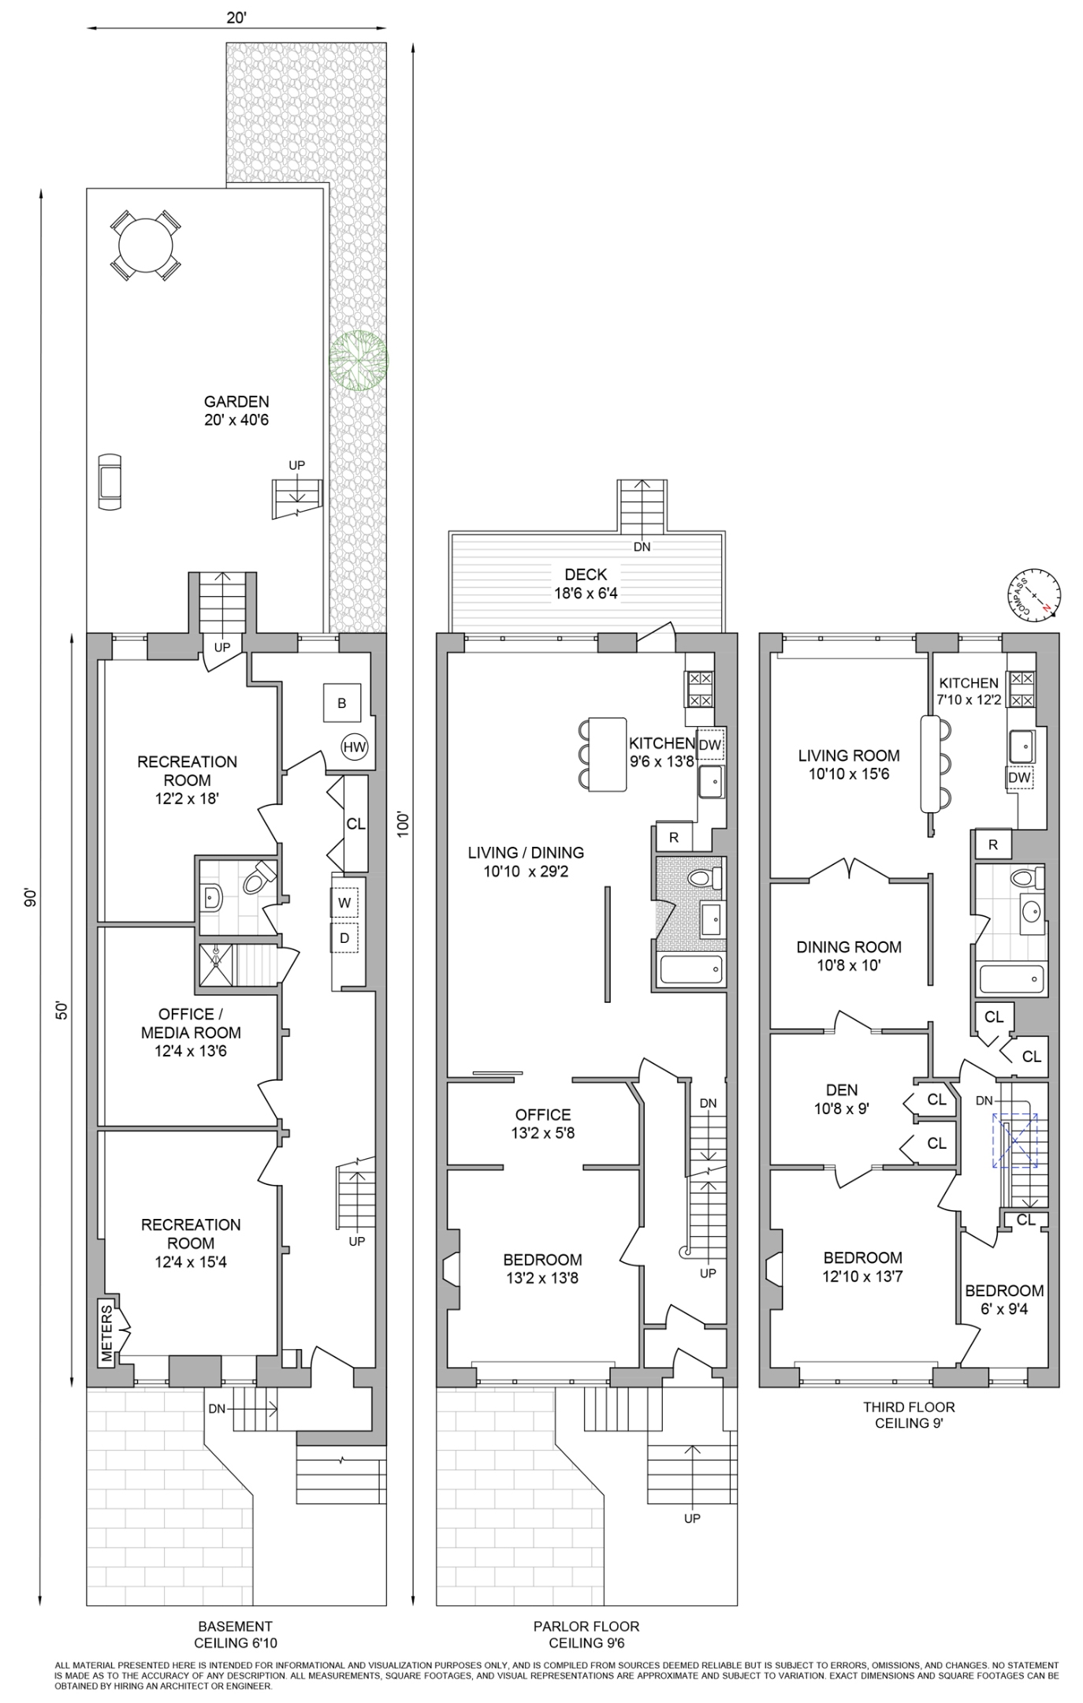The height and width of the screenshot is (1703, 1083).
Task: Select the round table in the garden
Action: [x=145, y=244]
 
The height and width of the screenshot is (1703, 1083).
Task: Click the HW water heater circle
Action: [x=355, y=747]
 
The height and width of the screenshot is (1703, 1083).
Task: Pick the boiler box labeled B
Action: [x=342, y=703]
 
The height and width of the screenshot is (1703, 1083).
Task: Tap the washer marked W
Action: [x=344, y=904]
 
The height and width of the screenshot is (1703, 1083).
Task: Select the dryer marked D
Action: [x=344, y=938]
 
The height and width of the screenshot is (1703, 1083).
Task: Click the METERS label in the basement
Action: [x=107, y=1332]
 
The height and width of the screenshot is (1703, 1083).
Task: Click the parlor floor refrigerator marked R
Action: [x=674, y=837]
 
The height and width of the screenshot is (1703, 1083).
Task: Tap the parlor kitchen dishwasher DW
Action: [x=710, y=744]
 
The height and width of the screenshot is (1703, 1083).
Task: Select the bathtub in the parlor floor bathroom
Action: [x=691, y=970]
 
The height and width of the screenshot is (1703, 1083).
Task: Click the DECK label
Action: [x=586, y=575]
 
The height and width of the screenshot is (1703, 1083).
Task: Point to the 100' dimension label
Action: [x=404, y=824]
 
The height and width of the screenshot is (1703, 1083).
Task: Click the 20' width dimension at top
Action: [x=236, y=17]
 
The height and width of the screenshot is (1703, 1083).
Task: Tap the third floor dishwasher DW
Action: [x=1019, y=777]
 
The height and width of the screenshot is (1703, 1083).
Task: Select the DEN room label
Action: [x=842, y=1090]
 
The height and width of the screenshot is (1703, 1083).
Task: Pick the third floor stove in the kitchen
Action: [x=1022, y=689]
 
